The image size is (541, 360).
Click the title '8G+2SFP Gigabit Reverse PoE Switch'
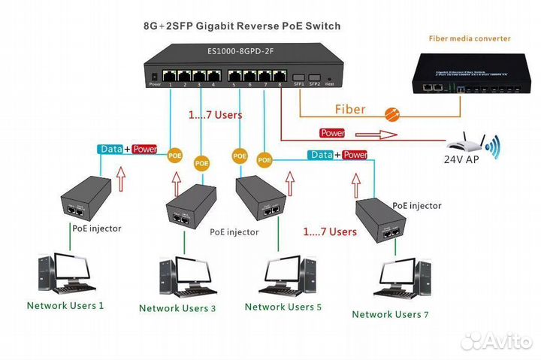pos(241,26)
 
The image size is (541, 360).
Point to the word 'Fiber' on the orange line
pos(349,109)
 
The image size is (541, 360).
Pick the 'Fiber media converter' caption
pos(470,38)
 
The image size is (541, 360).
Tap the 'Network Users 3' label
pos(177,307)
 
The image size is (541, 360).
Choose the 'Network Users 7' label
pos(390,313)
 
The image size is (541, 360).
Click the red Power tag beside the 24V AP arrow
pos(332,133)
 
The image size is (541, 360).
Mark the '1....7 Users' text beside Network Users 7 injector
pos(329,231)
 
